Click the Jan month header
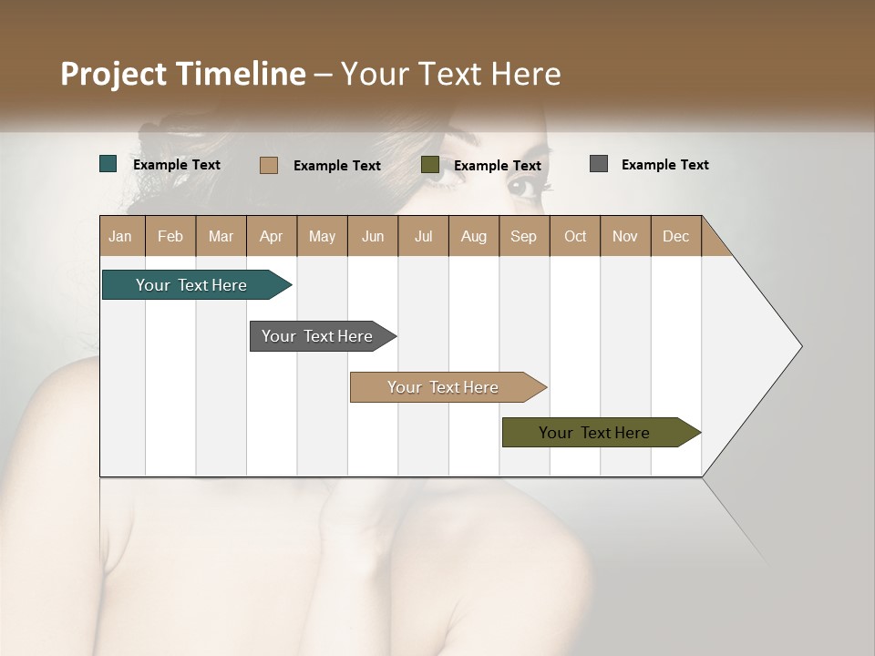[120, 236]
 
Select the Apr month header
[271, 236]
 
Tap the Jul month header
[423, 236]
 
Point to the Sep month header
[523, 236]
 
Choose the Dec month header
[675, 236]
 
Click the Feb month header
[170, 236]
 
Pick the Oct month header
[575, 236]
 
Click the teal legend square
[108, 164]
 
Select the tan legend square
[269, 165]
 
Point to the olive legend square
[430, 165]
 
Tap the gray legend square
[599, 164]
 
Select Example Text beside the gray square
[664, 165]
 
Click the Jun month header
[373, 236]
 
